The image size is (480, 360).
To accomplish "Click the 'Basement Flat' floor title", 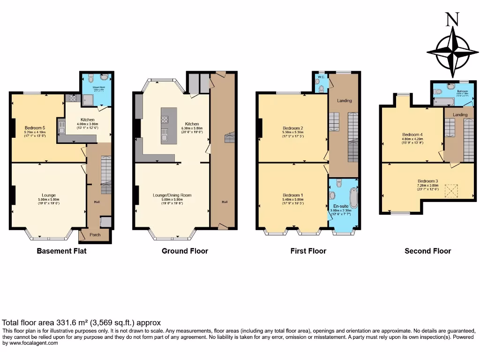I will click(x=61, y=251).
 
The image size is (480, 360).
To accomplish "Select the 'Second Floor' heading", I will click(x=427, y=251).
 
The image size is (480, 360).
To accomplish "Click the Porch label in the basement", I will click(x=95, y=235).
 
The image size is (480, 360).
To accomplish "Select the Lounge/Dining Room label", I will click(x=172, y=195).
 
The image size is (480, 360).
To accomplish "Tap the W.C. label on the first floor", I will click(x=321, y=76).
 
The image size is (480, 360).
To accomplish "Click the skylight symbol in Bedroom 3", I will click(x=451, y=191).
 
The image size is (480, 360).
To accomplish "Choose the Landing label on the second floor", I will click(x=460, y=115).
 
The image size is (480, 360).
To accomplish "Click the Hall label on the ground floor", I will click(x=225, y=202).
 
